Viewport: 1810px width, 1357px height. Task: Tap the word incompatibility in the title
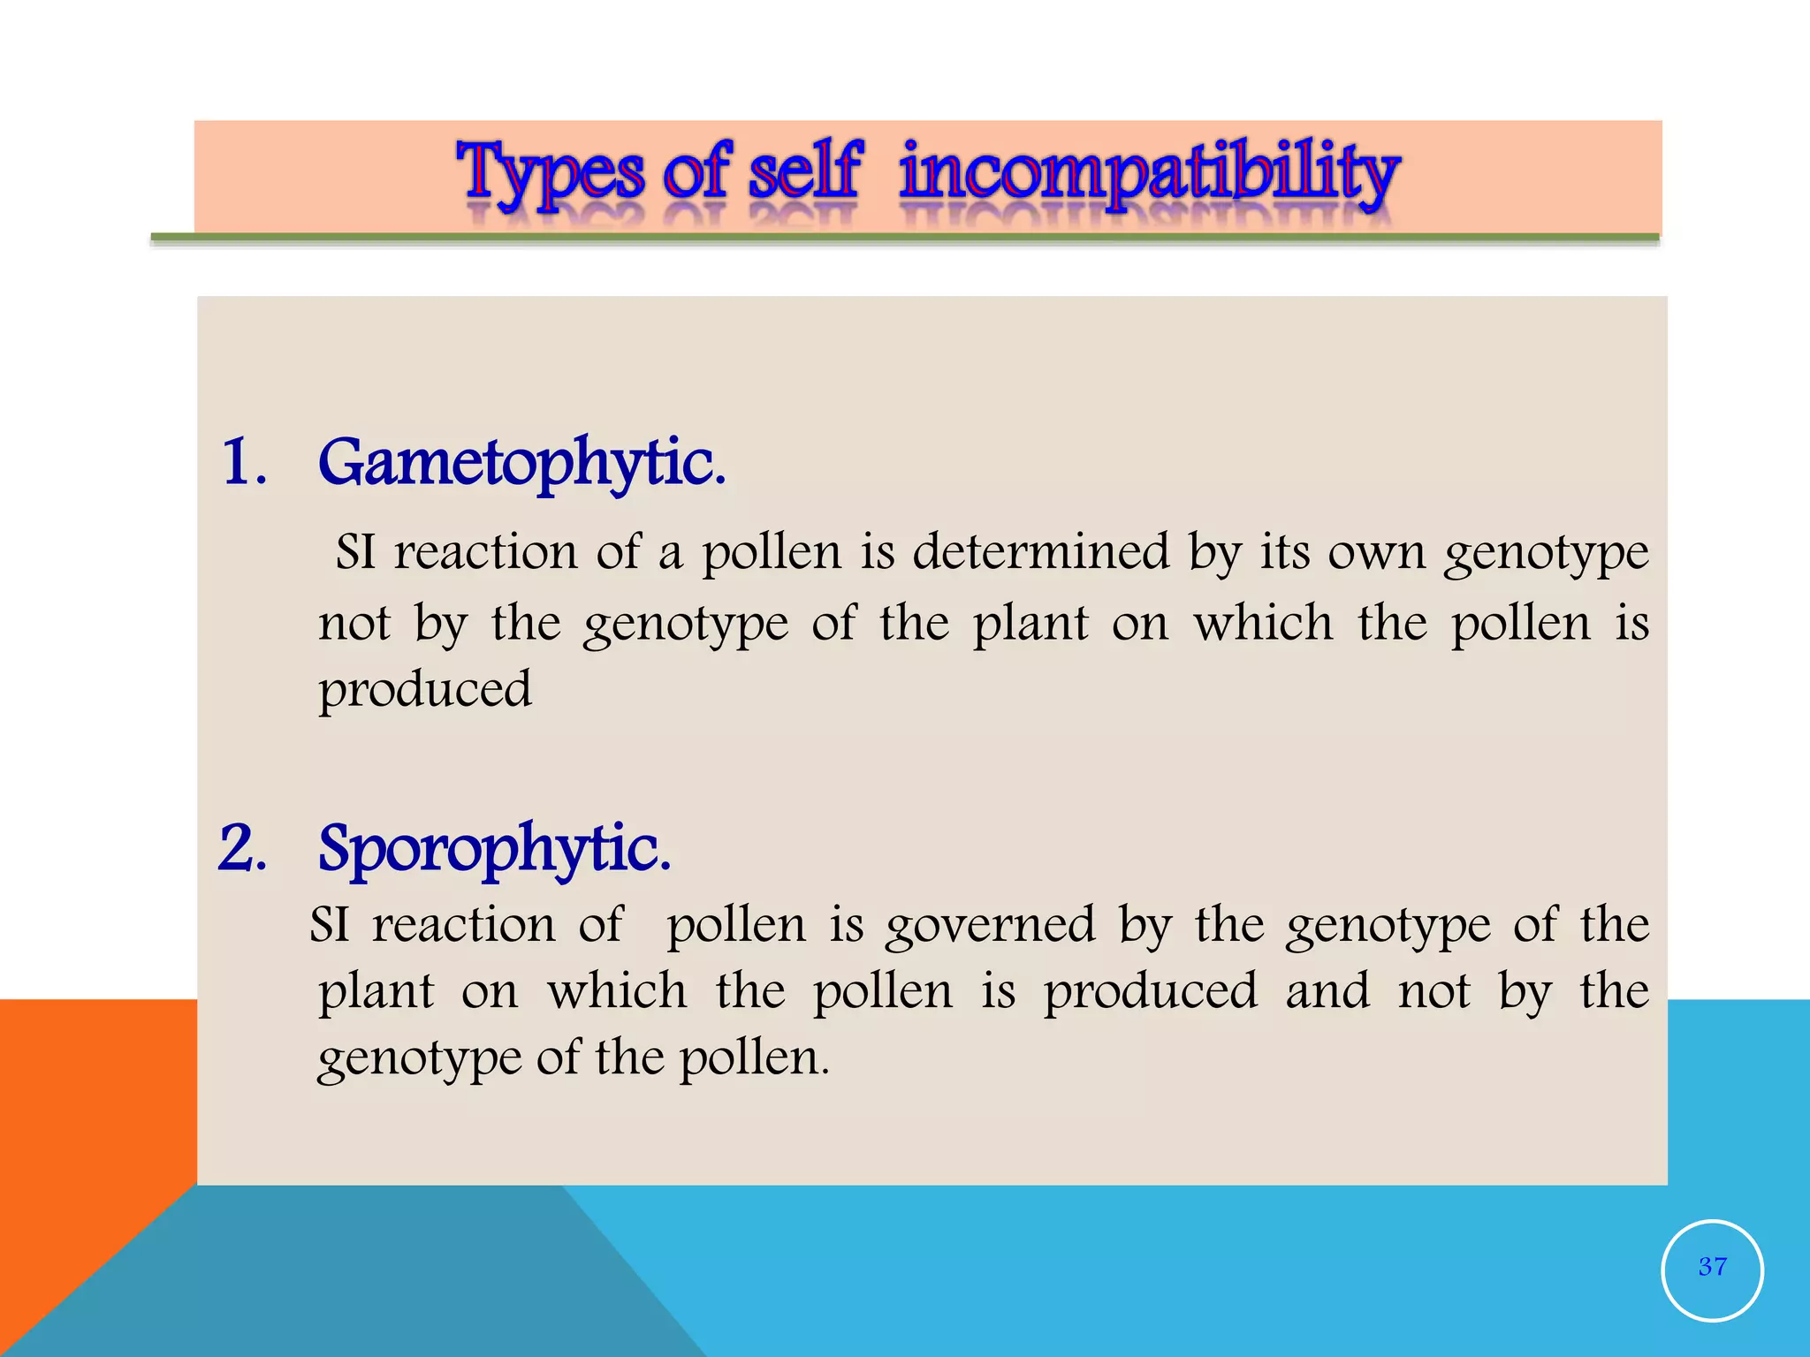click(x=1149, y=171)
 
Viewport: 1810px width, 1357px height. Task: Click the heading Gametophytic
click(x=521, y=463)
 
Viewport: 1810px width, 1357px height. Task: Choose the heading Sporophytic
click(x=494, y=849)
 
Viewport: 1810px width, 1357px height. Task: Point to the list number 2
click(x=242, y=848)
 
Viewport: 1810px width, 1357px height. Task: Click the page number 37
click(x=1712, y=1267)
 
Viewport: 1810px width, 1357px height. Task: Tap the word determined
click(x=1040, y=552)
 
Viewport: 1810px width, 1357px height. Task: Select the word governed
click(x=990, y=927)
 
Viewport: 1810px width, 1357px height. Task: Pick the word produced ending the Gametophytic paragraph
click(x=425, y=690)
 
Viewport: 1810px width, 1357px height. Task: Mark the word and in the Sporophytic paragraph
click(x=1327, y=990)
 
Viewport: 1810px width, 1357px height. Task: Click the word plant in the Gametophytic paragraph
click(x=1030, y=624)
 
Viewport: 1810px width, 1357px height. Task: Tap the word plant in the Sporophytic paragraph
click(x=376, y=992)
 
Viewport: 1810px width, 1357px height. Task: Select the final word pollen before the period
click(x=750, y=1058)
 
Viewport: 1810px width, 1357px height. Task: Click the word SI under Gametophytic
click(x=355, y=553)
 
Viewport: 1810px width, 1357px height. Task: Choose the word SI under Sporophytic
click(x=329, y=926)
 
